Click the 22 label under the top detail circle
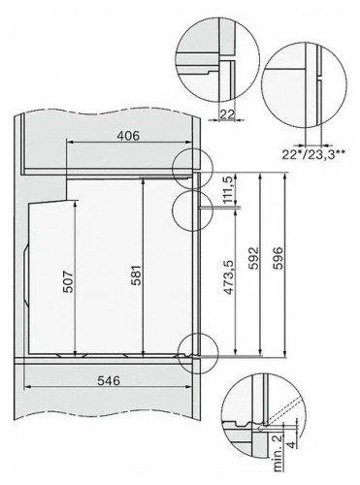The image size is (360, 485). point(227,114)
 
